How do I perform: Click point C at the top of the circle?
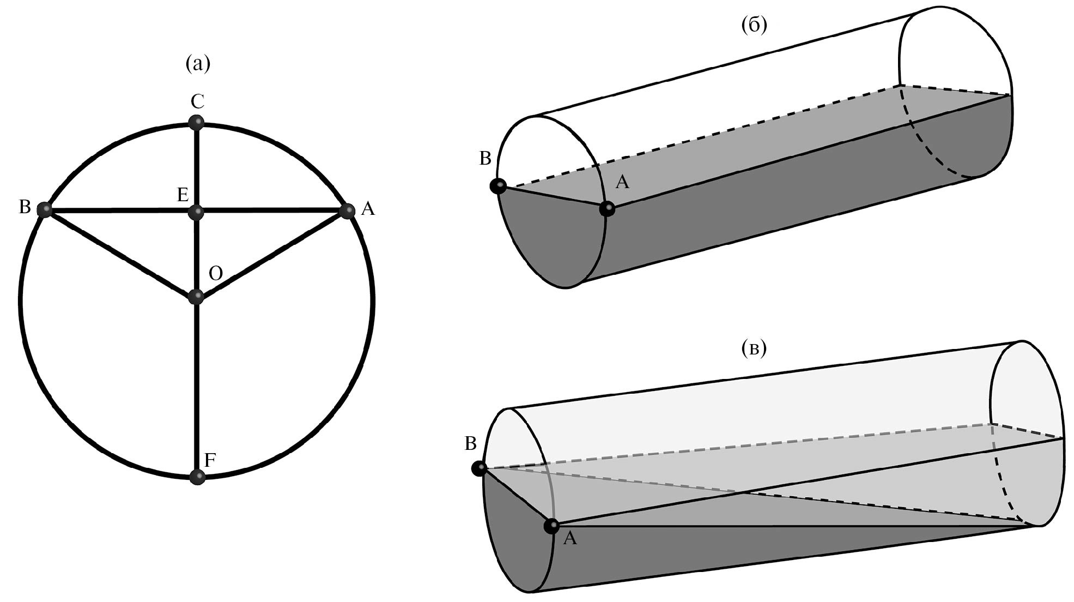[x=197, y=122]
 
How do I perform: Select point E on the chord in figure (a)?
[x=197, y=212]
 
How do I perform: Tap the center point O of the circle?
[x=196, y=297]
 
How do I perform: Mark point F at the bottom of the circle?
[x=197, y=477]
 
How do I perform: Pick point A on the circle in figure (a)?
[x=347, y=210]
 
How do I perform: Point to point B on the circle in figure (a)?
[x=44, y=209]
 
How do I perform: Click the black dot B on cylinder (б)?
[x=497, y=186]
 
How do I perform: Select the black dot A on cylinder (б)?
[x=606, y=208]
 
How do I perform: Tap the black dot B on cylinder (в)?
[x=480, y=468]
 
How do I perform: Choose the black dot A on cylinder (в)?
[x=551, y=526]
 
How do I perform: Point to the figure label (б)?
[x=755, y=25]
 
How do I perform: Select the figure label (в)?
[x=754, y=348]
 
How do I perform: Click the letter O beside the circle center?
[x=216, y=273]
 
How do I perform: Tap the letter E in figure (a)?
[x=183, y=195]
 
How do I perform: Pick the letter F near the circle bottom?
[x=210, y=461]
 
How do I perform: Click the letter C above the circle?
[x=197, y=101]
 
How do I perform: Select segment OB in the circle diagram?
[x=120, y=253]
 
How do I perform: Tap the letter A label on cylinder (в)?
[x=569, y=539]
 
